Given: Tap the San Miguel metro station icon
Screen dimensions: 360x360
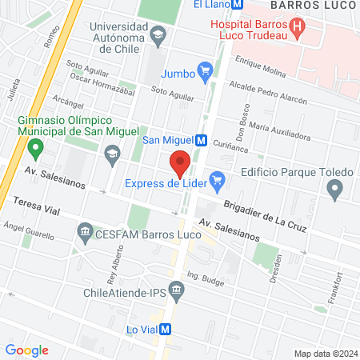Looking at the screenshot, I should click(202, 140).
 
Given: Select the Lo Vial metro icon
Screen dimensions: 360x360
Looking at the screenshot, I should click(166, 329).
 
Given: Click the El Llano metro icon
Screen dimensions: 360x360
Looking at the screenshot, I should click(238, 4).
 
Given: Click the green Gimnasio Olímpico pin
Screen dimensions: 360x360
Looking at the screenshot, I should click(34, 148).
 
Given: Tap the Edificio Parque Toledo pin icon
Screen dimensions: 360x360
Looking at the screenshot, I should click(334, 190).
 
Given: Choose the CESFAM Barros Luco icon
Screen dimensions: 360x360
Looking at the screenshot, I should click(85, 234).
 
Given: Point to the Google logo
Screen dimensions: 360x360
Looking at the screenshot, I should click(26, 350).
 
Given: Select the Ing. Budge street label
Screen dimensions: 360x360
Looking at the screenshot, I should click(204, 278).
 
